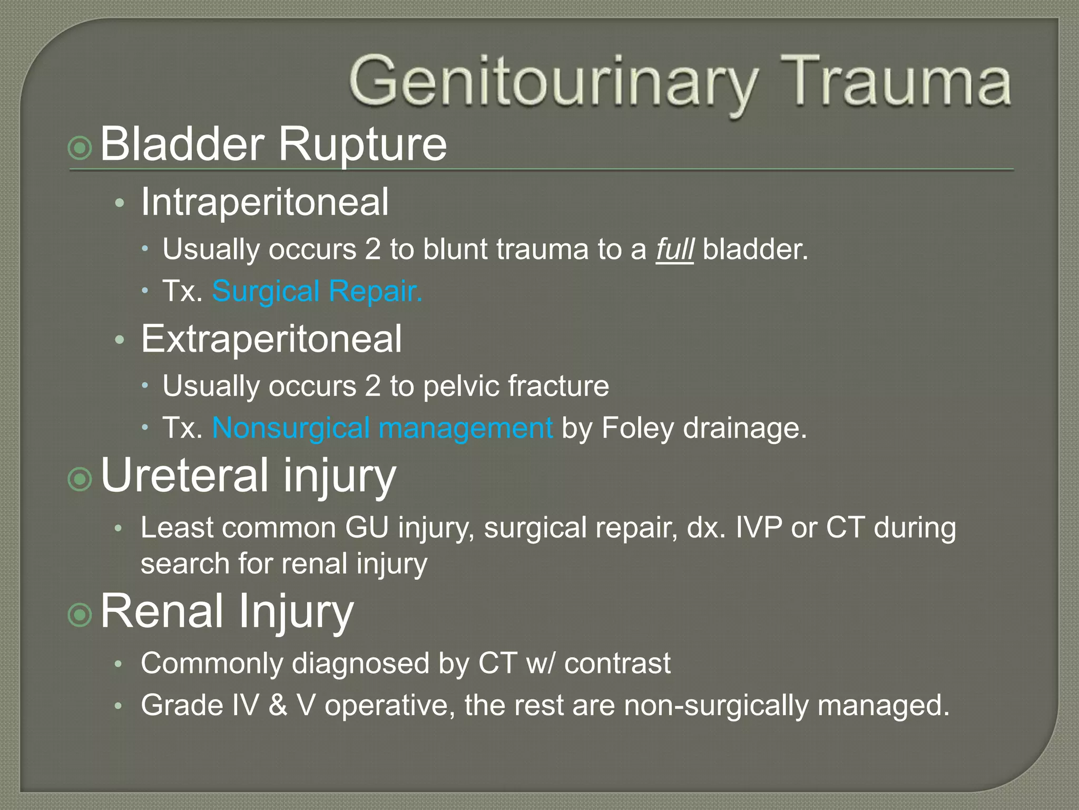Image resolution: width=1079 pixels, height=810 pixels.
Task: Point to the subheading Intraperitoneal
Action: pos(264,202)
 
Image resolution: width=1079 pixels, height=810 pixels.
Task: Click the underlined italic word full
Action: pos(674,249)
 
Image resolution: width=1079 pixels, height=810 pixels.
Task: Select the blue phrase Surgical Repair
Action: pos(317,291)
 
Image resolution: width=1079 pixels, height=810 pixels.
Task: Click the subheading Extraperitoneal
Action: pos(271,339)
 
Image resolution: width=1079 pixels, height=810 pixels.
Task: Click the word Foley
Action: pos(637,428)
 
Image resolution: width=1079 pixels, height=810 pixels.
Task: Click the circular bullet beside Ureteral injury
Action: pos(81,479)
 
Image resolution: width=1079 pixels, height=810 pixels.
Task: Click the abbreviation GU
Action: pos(367,527)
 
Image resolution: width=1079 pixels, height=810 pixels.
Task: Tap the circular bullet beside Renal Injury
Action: pos(81,614)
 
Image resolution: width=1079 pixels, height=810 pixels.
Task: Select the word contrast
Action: pos(617,663)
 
